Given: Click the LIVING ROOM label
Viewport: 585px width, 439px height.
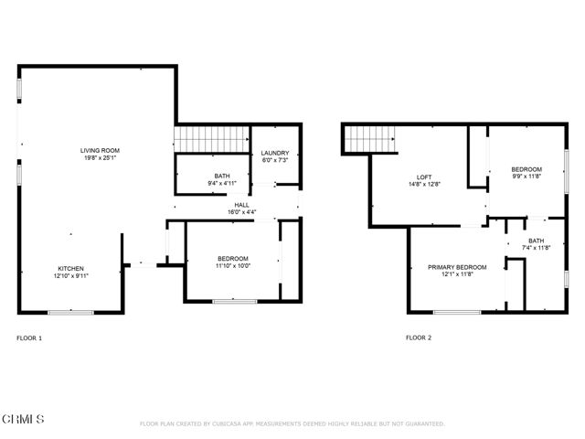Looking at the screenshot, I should pyautogui.click(x=101, y=150).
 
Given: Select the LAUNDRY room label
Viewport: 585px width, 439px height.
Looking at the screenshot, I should pyautogui.click(x=275, y=153).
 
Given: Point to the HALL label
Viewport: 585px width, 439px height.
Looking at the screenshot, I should pyautogui.click(x=242, y=205).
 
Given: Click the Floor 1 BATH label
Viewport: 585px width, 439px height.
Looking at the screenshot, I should pyautogui.click(x=222, y=176).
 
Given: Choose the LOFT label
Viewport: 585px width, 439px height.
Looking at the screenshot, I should pyautogui.click(x=424, y=177).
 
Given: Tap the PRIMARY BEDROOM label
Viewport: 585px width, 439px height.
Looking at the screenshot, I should pyautogui.click(x=457, y=267).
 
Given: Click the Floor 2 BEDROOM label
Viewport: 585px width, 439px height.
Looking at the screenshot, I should pyautogui.click(x=526, y=169).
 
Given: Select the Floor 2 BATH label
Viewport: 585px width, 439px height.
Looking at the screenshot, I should pyautogui.click(x=536, y=241).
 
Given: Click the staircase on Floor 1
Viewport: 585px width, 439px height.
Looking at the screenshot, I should pyautogui.click(x=211, y=139).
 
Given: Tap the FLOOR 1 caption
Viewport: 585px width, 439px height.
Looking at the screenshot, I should pyautogui.click(x=29, y=338).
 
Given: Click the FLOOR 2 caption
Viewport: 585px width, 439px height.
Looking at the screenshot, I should pyautogui.click(x=419, y=338).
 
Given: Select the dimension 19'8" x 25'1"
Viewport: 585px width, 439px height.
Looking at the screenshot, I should pyautogui.click(x=101, y=157).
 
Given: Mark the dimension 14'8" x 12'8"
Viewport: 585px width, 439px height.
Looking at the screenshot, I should pyautogui.click(x=424, y=184).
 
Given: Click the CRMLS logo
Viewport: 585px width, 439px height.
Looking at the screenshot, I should pyautogui.click(x=23, y=420).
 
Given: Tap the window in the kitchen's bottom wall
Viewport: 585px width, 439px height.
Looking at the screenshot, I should pyautogui.click(x=70, y=312).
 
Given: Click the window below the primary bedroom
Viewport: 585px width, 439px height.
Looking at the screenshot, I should pyautogui.click(x=457, y=312).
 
